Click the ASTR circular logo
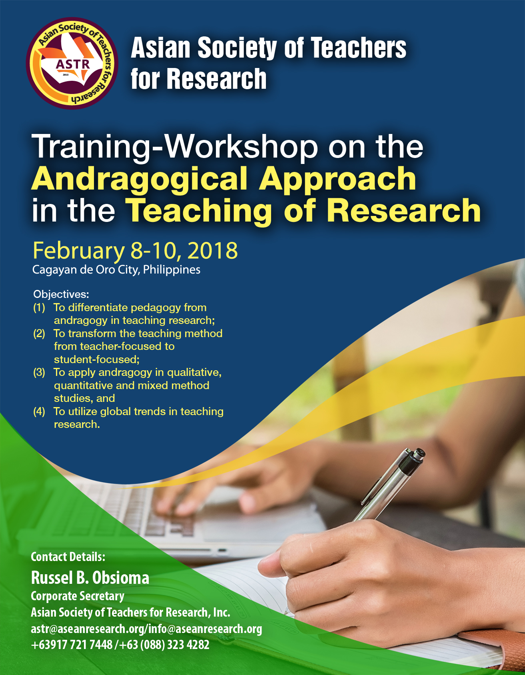72,63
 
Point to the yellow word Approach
337,180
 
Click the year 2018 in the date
212,251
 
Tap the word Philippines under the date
172,270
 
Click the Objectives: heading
61,295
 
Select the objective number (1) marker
39,308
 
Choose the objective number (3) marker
39,373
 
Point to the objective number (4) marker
39,412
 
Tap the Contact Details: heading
68,557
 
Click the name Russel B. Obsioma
90,578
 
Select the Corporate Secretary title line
78,596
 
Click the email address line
146,629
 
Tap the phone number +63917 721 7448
72,645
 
